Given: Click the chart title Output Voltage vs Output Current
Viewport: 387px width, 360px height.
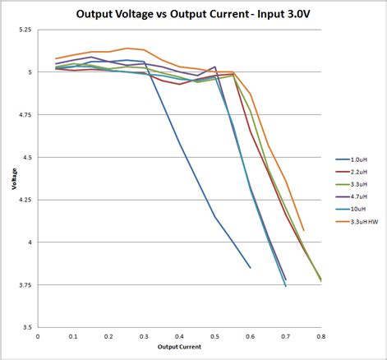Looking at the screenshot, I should (x=192, y=13).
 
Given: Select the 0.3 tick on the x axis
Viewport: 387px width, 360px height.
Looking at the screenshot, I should (x=144, y=336).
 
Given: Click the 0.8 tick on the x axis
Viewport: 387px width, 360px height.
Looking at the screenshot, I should (x=320, y=336).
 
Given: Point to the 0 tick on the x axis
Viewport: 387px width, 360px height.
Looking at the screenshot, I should (x=38, y=336).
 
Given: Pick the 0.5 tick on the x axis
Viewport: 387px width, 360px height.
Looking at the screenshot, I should (x=214, y=336).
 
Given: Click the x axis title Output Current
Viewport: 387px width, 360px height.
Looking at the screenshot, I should (x=178, y=348).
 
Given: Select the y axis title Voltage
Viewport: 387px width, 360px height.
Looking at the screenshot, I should (x=14, y=178).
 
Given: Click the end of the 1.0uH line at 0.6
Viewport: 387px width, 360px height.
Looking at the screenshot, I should (x=251, y=267).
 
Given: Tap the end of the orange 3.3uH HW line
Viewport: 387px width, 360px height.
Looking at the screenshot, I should (x=303, y=230).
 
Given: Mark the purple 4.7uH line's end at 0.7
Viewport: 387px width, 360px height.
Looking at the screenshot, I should (x=286, y=279).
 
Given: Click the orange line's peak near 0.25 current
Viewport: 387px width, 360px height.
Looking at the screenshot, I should (x=127, y=48).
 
